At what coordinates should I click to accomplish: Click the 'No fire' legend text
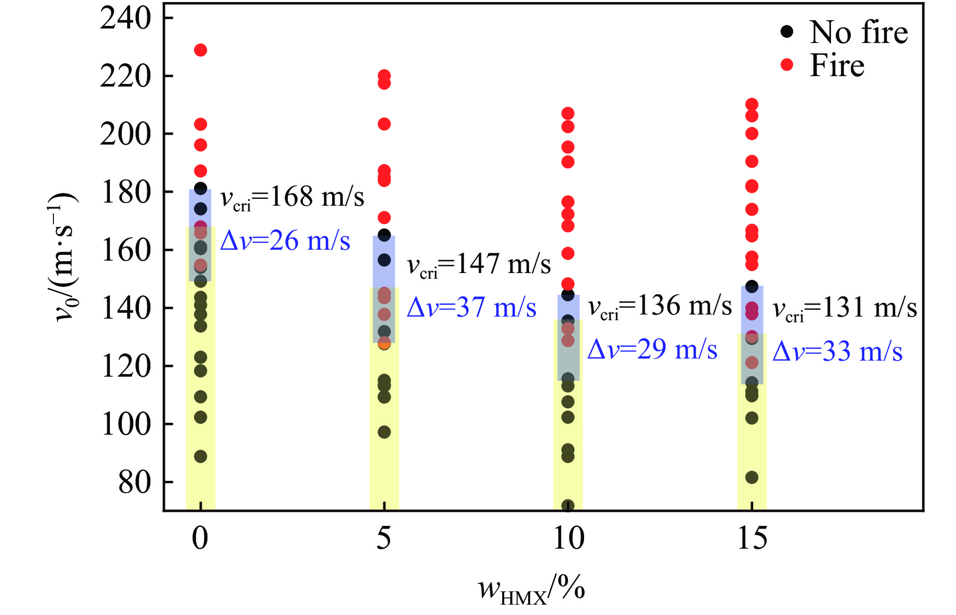(858, 33)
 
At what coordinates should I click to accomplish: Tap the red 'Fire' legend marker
(787, 65)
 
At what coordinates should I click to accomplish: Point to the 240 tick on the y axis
(126, 18)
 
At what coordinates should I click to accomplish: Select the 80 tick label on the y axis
(134, 482)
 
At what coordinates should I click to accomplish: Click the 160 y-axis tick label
(126, 250)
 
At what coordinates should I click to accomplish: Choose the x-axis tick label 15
(752, 538)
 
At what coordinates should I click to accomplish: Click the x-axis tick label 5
(384, 538)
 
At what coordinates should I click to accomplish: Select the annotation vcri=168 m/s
(292, 197)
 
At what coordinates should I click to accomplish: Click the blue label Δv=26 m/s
(285, 241)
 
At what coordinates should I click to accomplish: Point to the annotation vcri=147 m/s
(478, 265)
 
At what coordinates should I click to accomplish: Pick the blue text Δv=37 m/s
(471, 308)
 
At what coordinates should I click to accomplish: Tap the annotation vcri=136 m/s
(659, 306)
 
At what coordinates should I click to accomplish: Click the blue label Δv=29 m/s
(652, 350)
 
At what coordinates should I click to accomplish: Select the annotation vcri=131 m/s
(844, 308)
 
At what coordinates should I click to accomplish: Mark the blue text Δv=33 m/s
(837, 352)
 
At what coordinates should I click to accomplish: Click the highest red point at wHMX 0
(200, 50)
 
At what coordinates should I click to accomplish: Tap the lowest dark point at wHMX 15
(752, 478)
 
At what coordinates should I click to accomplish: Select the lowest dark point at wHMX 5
(384, 432)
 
